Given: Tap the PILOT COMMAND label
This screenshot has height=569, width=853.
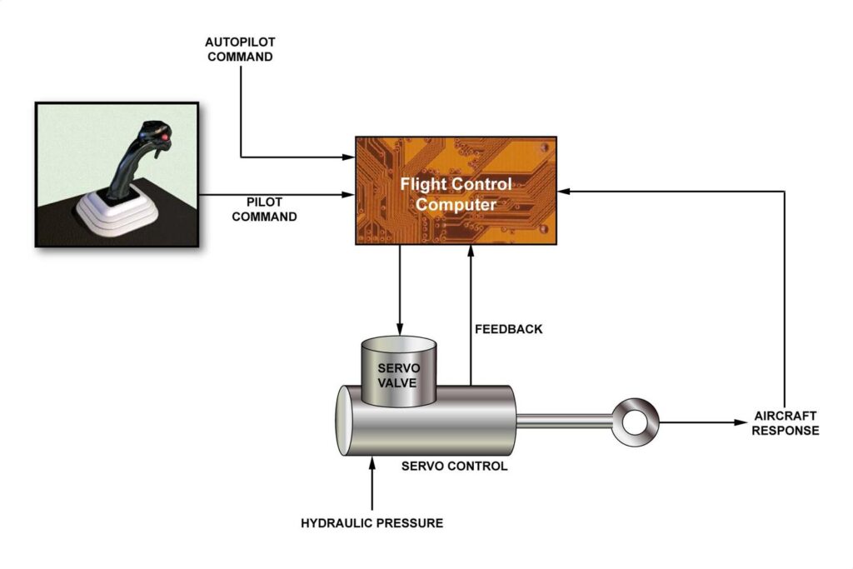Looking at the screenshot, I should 264,208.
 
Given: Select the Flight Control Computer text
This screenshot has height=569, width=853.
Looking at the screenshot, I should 456,193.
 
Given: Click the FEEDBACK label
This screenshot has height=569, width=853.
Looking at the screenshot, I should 508,329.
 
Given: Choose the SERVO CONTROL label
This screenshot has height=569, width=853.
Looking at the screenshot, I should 454,467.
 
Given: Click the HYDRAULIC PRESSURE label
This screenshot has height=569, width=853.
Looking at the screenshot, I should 372,523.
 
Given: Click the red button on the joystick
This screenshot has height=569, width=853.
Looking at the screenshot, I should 165,136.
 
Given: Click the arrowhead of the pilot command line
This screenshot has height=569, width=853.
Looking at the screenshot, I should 349,196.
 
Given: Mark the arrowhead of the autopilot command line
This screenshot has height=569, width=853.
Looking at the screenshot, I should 349,157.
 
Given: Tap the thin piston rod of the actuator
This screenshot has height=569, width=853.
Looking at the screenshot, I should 566,422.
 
